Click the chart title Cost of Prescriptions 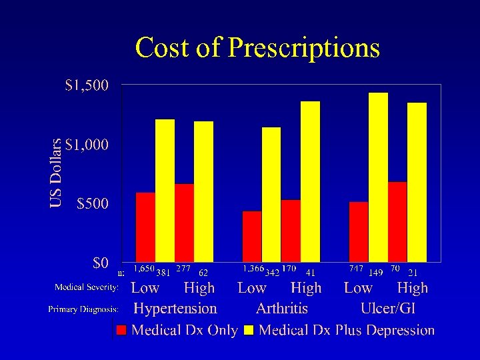coord(257,48)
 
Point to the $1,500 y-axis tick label coord(88,85)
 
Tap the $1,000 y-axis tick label coord(88,145)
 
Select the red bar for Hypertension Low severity coord(145,227)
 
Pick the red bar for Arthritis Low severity coord(252,237)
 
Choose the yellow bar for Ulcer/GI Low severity coord(378,177)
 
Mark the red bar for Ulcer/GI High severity coord(397,222)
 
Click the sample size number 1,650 coord(144,269)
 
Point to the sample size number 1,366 coord(253,269)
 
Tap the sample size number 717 coord(356,269)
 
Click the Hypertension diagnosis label coord(175,309)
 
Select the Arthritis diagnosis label coord(282,309)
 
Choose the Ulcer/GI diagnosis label coord(387,309)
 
